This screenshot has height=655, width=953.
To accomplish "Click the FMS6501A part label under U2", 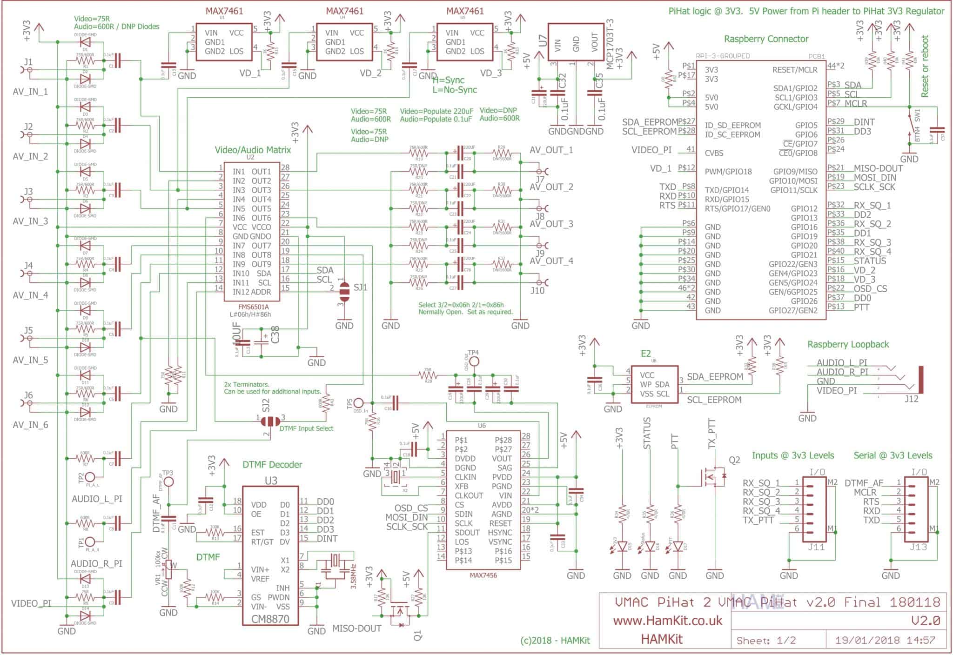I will (x=253, y=307).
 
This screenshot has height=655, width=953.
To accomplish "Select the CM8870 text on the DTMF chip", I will (x=270, y=619).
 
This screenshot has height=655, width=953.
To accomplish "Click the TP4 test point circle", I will (x=473, y=361).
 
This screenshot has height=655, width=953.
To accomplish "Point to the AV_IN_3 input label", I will (x=30, y=221).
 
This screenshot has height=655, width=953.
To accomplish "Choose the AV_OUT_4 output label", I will (x=551, y=261).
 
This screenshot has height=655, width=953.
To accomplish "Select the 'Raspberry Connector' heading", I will (x=766, y=39).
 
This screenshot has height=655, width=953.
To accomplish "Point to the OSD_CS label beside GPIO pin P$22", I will (x=870, y=289).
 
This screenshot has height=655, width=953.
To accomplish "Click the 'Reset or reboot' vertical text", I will (x=925, y=66).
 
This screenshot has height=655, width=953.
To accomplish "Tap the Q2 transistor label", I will (x=734, y=460).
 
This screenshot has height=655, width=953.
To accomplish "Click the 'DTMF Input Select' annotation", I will (x=306, y=428).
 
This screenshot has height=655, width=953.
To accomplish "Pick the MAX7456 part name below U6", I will (x=483, y=575).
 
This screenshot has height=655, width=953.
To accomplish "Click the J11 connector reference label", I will (x=816, y=547).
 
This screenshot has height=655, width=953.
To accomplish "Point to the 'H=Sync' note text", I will (x=448, y=80).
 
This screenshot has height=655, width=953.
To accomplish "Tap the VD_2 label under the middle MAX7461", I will (x=370, y=73).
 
